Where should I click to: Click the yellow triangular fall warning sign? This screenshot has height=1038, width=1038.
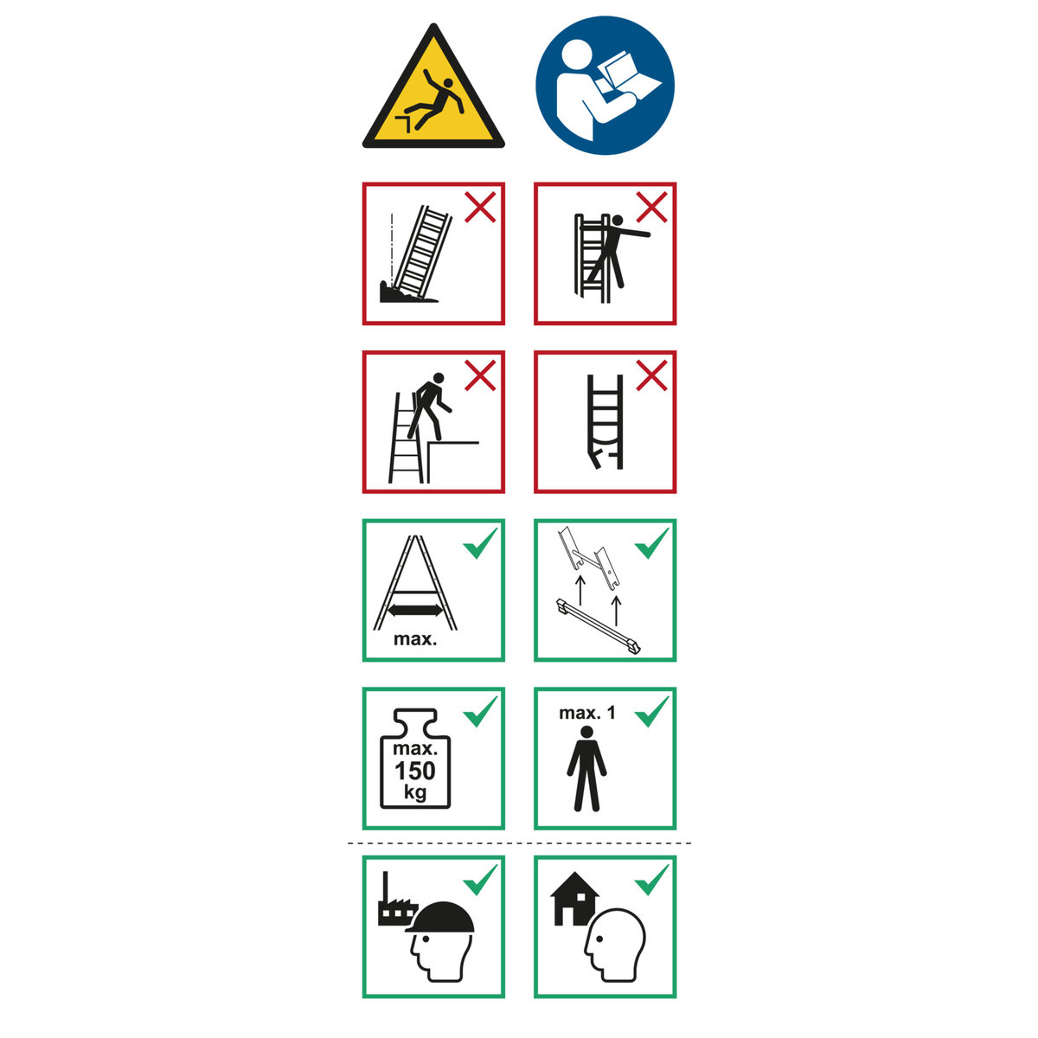point(433,97)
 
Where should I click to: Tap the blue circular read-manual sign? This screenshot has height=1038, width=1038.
point(605,85)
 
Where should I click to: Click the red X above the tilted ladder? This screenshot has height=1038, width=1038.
point(480,207)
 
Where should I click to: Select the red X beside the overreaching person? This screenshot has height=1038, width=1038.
point(652,207)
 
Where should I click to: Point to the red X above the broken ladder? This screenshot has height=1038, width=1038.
point(652,375)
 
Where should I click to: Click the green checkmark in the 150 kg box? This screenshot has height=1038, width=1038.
point(480,712)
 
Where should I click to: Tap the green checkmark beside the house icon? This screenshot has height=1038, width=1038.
point(652,881)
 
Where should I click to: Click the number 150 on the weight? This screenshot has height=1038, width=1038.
point(415,772)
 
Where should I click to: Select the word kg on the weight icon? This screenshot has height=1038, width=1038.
point(415,792)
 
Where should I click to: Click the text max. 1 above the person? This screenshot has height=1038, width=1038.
point(586,713)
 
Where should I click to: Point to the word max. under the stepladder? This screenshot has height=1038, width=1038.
point(415,639)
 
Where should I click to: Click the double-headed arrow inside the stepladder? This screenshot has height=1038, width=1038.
point(416,611)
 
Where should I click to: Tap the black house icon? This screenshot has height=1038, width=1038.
point(574,899)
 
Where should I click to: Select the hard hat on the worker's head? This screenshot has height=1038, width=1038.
point(440,918)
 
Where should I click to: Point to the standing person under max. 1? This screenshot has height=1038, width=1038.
point(586,769)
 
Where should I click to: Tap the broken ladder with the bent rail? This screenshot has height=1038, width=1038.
point(605,421)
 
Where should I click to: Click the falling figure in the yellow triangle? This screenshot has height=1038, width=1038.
point(434,100)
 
